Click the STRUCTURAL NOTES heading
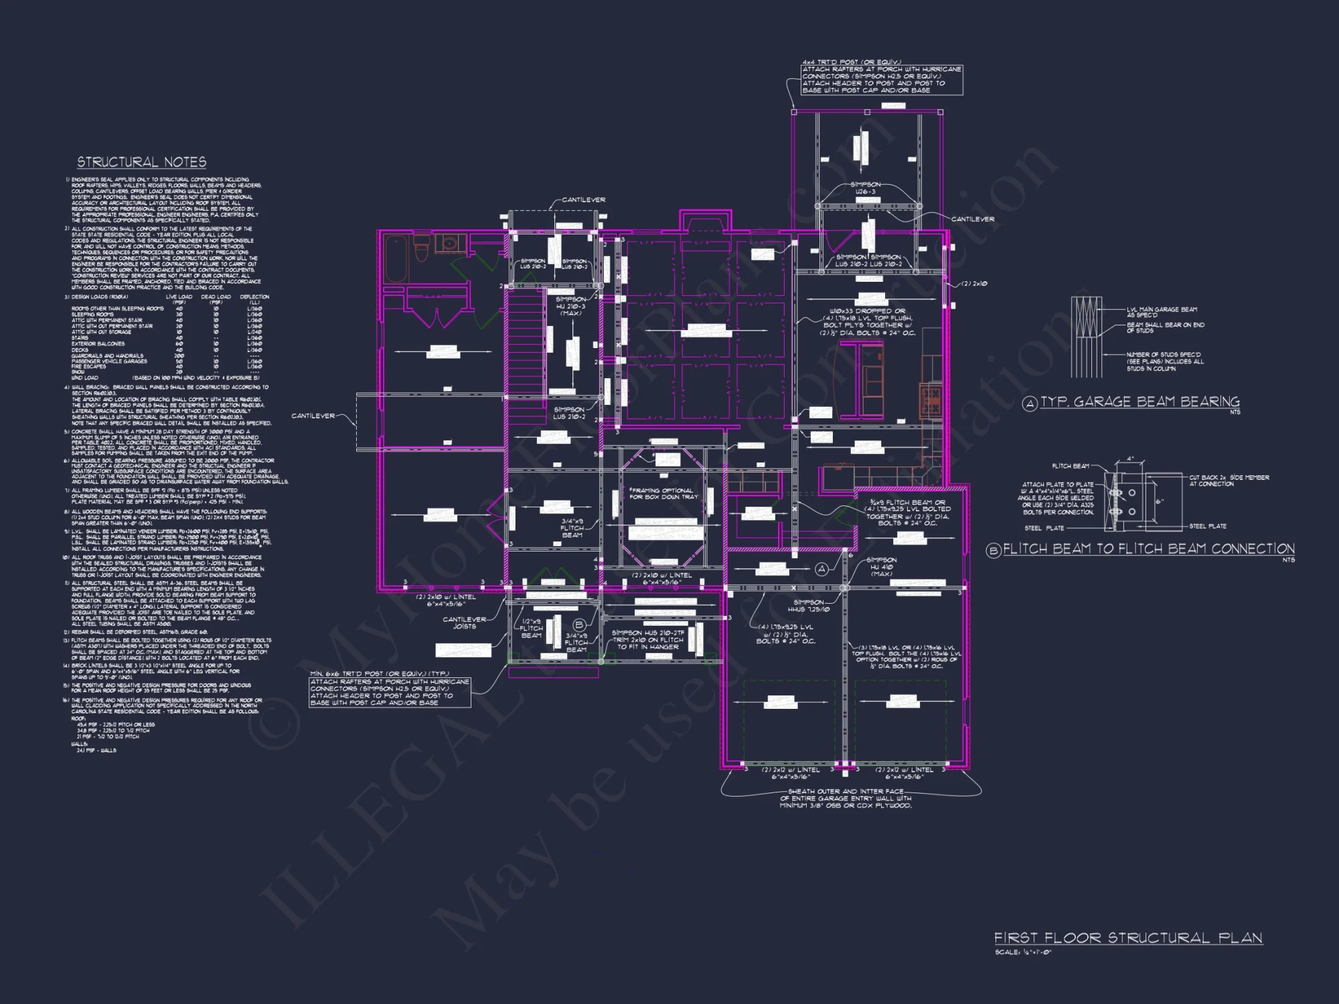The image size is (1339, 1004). pos(141,162)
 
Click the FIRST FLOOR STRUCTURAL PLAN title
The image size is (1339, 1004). pos(1127,938)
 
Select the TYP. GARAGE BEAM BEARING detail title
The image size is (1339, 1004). pos(1139,402)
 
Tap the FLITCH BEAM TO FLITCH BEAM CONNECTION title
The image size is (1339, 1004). pos(1148,549)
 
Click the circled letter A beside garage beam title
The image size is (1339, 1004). pos(1030,403)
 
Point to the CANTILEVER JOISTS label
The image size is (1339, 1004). pos(464,622)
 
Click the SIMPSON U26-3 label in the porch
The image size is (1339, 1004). pos(865,188)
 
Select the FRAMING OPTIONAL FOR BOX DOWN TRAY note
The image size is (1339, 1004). pos(663,493)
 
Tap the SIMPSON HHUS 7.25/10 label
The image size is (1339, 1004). pos(808,606)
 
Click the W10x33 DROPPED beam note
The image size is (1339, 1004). pos(868,322)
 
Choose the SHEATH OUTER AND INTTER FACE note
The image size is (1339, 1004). pos(846,799)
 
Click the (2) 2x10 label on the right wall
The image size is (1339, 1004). pos(974,284)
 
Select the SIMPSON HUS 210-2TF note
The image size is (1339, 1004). pos(647,639)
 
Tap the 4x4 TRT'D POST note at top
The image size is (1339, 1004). pos(882,76)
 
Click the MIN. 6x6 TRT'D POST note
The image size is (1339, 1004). pos(389,689)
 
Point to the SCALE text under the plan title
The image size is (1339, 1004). pos(1023,952)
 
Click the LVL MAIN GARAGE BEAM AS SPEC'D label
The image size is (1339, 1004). pos(1162,312)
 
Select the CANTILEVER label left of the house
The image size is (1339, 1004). pos(313,416)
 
